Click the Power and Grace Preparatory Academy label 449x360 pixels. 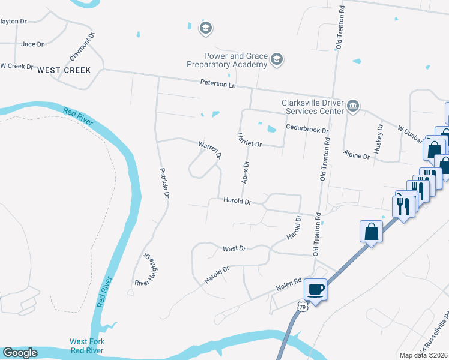click(226, 59)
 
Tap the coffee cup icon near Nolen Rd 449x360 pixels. click(315, 290)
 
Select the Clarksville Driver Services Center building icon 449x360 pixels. click(353, 107)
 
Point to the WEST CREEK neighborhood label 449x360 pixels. click(64, 70)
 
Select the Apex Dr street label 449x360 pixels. click(246, 172)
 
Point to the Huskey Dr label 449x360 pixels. click(379, 140)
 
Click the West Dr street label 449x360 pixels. click(234, 248)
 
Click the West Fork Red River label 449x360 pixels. click(86, 346)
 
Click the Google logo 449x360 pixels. click(20, 353)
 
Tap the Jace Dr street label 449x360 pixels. click(32, 44)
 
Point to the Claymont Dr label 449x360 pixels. click(83, 47)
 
